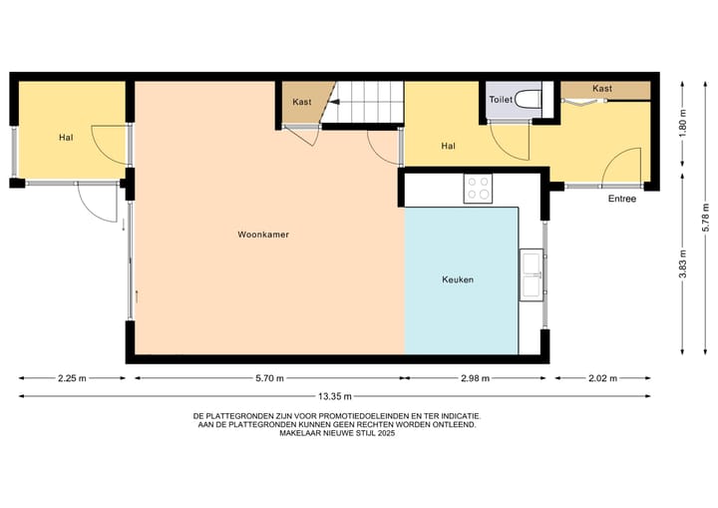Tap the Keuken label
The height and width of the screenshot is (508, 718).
tap(457, 280)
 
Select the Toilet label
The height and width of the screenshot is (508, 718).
tap(500, 99)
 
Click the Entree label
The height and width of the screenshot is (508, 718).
tap(622, 199)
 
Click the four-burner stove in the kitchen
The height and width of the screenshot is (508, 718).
tap(478, 188)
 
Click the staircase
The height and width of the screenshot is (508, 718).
tap(366, 103)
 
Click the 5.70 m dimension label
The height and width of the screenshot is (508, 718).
tap(268, 378)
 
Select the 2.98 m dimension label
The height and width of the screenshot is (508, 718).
tap(477, 378)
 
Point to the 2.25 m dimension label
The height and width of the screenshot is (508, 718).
tap(72, 378)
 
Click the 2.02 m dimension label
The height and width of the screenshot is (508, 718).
tap(602, 378)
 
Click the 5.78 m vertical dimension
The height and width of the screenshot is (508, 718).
tap(704, 216)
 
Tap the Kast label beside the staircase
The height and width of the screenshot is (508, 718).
tap(302, 103)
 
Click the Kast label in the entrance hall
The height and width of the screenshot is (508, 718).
tap(601, 89)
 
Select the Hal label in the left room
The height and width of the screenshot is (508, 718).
tap(66, 137)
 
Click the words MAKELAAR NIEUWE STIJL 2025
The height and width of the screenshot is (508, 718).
tap(336, 433)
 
